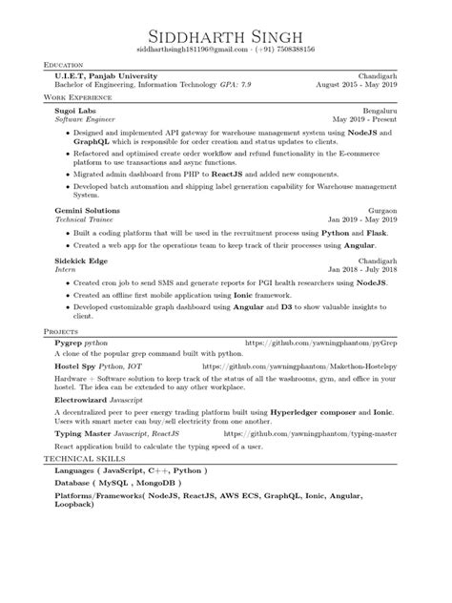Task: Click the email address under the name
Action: tap(187, 49)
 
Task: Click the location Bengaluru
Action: tap(386, 110)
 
